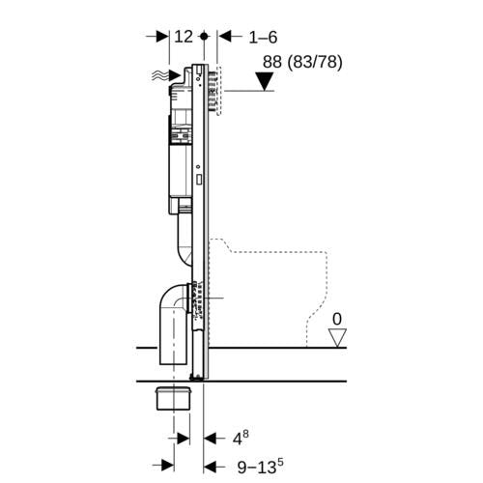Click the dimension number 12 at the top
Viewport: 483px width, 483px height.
184,37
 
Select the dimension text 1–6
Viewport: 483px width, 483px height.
263,38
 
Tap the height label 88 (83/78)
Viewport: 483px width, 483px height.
302,62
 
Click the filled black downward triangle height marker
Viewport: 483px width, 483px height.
265,81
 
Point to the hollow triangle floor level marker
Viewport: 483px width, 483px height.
337,338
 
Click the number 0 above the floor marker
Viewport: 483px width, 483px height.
337,319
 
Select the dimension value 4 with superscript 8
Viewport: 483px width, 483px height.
241,438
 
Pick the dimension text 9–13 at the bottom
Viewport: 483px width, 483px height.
261,467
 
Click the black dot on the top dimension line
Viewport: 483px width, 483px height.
204,36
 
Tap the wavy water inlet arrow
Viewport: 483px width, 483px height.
166,76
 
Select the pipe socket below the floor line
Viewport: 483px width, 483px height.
174,398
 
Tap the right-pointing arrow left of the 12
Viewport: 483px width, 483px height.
157,37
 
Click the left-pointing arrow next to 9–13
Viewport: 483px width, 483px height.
215,466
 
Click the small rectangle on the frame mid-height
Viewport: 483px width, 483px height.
199,180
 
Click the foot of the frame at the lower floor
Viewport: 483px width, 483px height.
197,377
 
